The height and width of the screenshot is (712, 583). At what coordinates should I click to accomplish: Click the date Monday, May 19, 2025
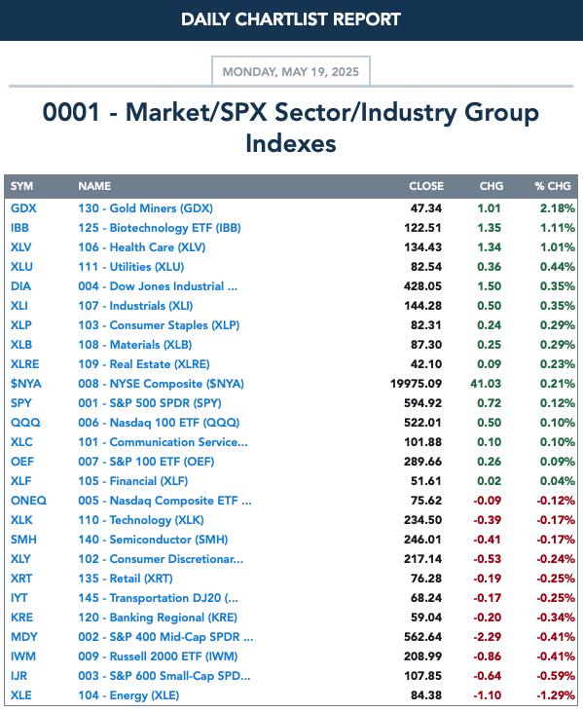pos(290,72)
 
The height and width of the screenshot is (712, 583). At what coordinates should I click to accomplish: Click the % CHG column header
pos(552,186)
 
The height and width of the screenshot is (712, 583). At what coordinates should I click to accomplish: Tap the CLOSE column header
pos(426,186)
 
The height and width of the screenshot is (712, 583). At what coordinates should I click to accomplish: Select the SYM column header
pos(21,186)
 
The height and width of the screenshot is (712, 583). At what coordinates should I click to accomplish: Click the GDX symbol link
pos(23,208)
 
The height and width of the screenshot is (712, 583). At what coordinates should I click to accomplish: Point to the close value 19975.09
pos(416,384)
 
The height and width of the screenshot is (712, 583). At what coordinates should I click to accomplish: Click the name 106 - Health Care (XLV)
pos(141,247)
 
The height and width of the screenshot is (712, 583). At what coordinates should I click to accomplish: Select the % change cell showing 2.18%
pos(557,208)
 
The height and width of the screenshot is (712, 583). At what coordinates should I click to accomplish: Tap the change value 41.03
pos(486,384)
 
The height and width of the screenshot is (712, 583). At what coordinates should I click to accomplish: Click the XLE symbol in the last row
pos(20,695)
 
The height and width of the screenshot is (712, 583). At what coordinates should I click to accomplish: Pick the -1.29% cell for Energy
pos(556,695)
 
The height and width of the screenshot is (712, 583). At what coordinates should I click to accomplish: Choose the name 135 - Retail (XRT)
pos(126,579)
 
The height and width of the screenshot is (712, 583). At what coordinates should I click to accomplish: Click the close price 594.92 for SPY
pos(422,403)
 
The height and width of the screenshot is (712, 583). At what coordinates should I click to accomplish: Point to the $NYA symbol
pos(26,384)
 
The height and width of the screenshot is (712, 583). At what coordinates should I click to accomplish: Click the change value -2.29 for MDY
pos(487,637)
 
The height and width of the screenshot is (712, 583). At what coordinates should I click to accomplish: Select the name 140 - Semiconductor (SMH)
pos(153,540)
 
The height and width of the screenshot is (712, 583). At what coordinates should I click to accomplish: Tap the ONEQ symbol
pos(28,501)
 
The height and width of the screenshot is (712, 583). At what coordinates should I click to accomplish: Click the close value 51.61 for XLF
pos(426,481)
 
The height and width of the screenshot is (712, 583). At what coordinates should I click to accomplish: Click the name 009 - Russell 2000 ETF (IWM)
pos(158,656)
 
